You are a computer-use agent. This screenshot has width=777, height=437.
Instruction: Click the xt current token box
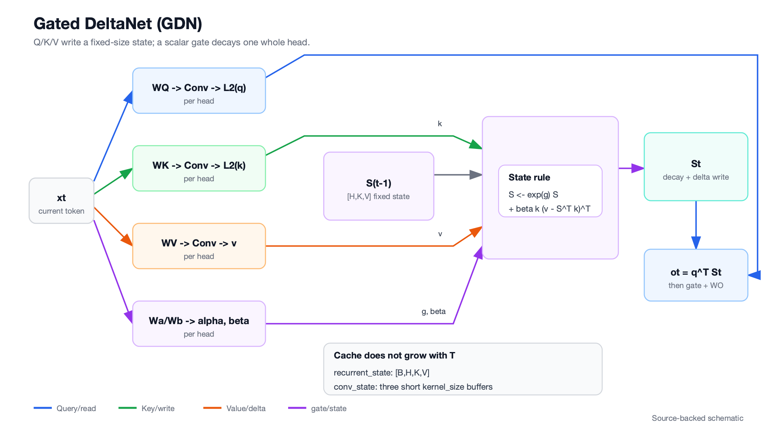pos(62,201)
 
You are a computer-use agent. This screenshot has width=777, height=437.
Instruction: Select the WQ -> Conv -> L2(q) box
pos(199,91)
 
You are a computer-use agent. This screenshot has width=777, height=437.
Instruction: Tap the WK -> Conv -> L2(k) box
pos(199,168)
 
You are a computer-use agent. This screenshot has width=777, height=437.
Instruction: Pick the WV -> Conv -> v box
pos(199,246)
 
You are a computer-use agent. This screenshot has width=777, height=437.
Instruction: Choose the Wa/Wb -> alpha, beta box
pos(199,324)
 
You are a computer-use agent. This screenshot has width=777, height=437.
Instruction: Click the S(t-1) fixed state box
pos(379,186)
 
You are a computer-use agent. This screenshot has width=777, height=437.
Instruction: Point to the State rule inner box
pos(550,191)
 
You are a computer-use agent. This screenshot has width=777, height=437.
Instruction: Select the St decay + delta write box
pos(696,167)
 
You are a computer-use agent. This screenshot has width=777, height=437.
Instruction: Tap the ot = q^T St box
pos(696,275)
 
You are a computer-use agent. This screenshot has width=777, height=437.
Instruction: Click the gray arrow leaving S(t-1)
pos(458,175)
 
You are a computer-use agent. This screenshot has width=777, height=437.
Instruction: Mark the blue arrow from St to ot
pos(696,225)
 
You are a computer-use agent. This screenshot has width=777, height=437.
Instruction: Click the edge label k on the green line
pos(440,124)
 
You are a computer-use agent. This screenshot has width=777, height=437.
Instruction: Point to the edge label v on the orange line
pos(440,234)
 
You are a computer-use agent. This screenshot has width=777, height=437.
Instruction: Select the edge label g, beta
pos(433,312)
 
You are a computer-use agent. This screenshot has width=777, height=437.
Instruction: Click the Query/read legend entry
pos(65,408)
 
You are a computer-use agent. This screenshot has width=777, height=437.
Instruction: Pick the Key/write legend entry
pos(146,408)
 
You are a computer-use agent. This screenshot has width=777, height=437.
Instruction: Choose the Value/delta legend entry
pos(234,408)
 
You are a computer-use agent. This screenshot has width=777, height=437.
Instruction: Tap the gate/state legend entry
pos(317,408)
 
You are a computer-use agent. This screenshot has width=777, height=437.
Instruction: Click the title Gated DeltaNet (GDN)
pos(118,23)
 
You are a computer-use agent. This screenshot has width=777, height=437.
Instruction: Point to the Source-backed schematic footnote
pos(698,418)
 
